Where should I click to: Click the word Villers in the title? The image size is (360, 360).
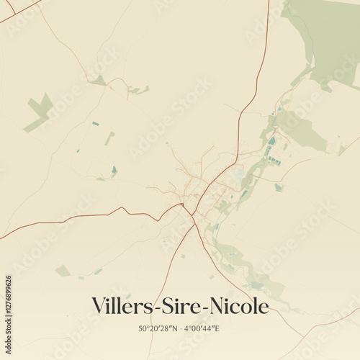(122, 307)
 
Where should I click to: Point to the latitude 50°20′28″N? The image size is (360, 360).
(159, 328)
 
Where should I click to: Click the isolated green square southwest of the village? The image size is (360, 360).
(63, 271)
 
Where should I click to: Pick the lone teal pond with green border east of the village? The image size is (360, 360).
(278, 187)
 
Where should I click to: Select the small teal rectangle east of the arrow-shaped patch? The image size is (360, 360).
(95, 124)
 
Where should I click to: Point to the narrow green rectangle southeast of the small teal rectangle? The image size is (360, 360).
(109, 138)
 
